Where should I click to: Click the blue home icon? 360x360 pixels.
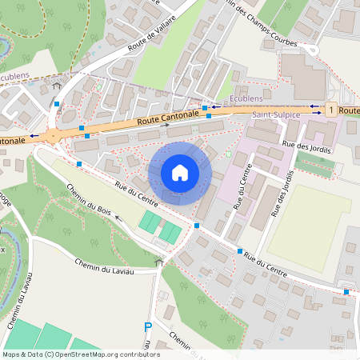(180, 172)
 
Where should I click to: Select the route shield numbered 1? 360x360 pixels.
(330, 109)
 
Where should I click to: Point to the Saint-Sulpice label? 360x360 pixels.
(271, 115)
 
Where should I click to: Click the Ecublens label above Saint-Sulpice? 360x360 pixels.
(246, 98)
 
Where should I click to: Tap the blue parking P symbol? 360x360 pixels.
(147, 326)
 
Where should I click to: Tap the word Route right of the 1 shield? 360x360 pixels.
(349, 109)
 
